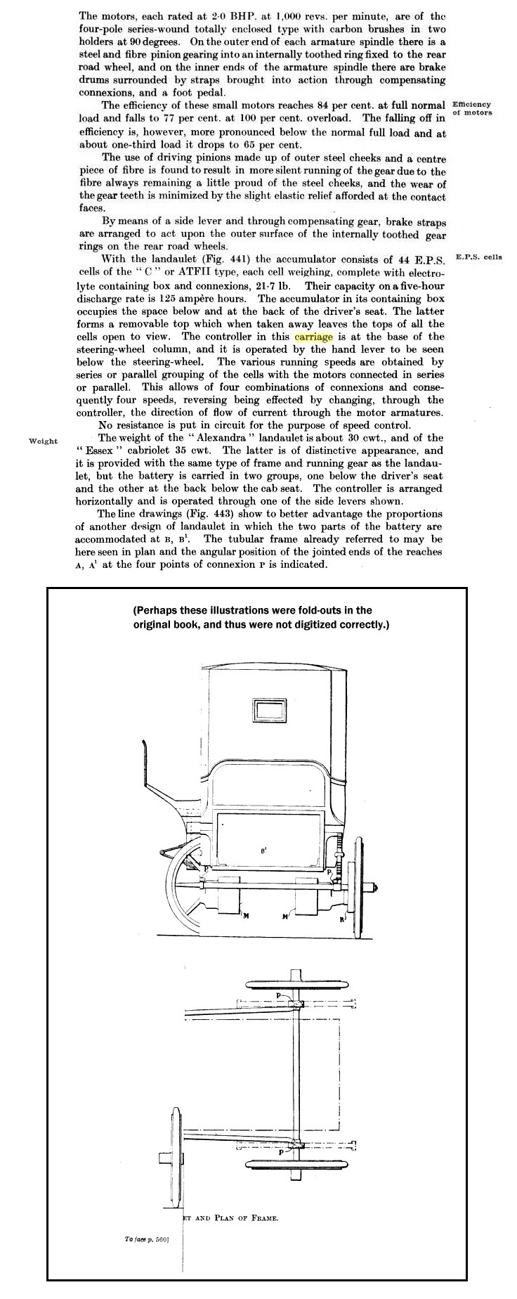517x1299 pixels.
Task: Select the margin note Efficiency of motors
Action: [x=472, y=108]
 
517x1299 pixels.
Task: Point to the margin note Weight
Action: [x=44, y=441]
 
